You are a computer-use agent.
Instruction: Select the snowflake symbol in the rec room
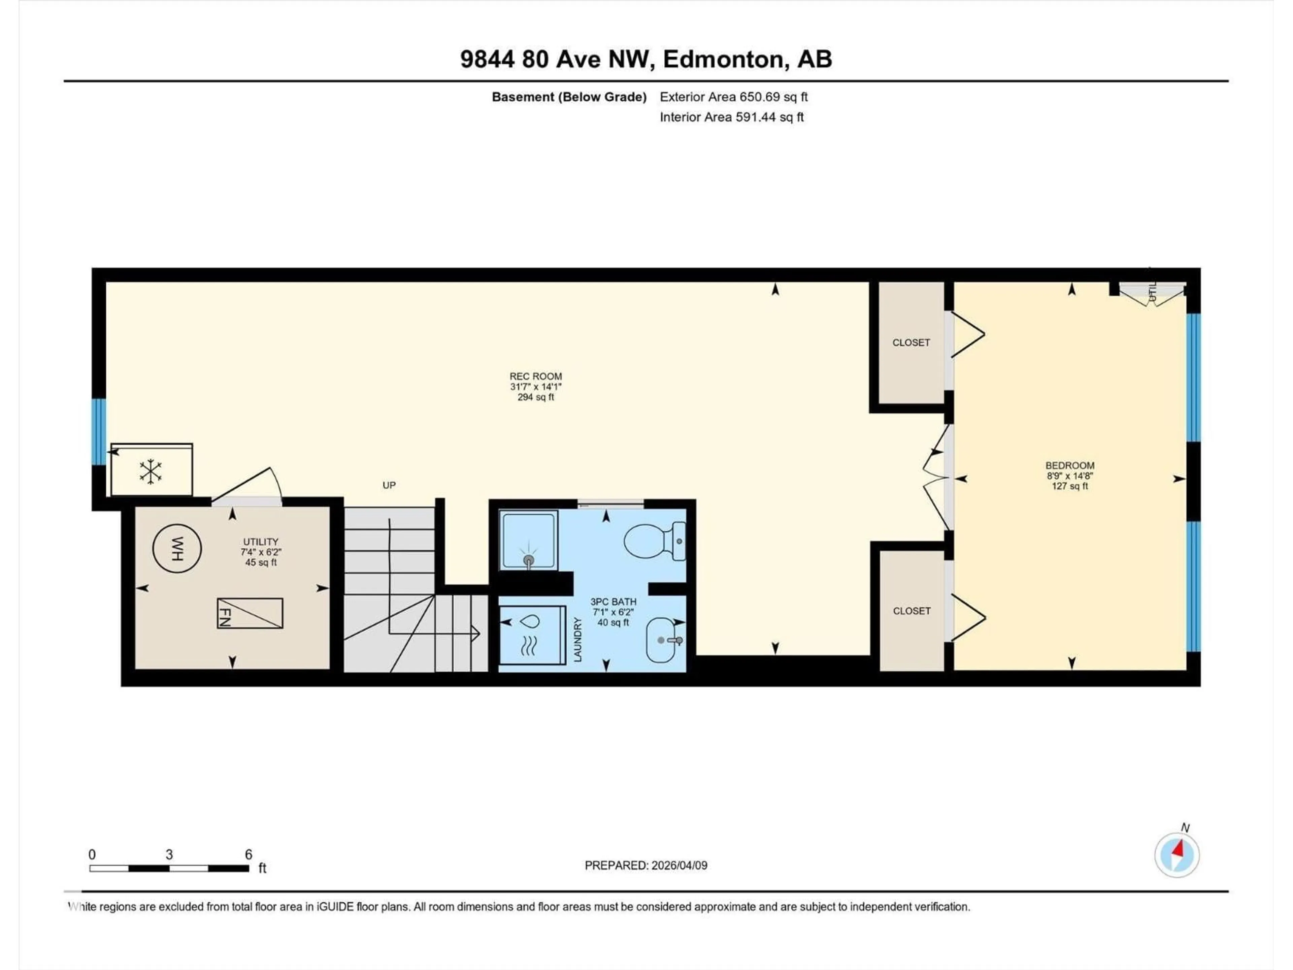click(151, 471)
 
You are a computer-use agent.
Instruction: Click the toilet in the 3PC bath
click(655, 541)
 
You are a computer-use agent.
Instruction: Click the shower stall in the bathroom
click(528, 540)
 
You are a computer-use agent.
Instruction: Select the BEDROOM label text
click(1070, 465)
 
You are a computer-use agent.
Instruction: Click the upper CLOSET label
click(911, 343)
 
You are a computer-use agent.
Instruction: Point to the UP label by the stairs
click(389, 485)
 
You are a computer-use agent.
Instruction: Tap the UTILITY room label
click(261, 542)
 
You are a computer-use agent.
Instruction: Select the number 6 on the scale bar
click(248, 854)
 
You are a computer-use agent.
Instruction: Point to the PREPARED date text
click(645, 865)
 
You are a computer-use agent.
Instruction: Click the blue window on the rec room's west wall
click(99, 431)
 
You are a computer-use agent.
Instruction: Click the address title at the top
click(646, 59)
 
